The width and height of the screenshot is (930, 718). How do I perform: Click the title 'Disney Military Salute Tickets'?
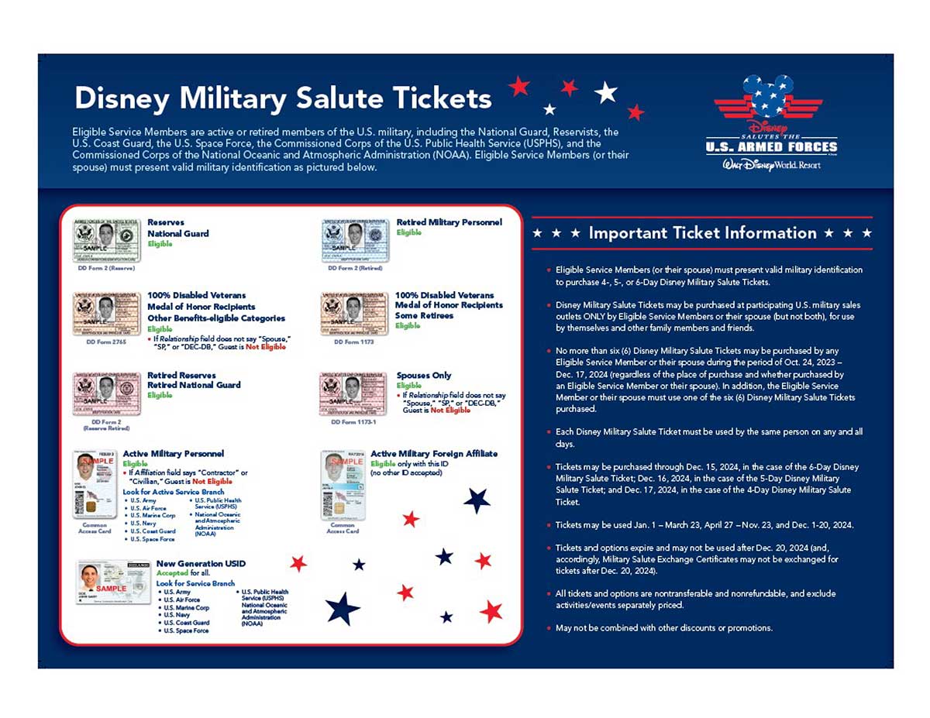point(282,98)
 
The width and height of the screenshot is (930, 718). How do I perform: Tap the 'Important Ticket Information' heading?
point(702,233)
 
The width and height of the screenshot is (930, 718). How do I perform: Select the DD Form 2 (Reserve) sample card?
point(106,241)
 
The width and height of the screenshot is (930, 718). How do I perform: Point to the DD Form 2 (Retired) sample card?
point(356,241)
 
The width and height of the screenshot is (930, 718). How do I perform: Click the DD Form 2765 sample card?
point(106,313)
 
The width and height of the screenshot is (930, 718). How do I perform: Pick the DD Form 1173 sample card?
point(354,313)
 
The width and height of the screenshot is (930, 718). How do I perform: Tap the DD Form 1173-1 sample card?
point(353,394)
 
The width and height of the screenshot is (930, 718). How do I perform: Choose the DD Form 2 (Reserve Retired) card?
point(106,394)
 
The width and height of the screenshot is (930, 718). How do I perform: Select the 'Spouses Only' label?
point(424,376)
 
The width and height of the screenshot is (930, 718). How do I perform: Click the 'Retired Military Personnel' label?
point(449,222)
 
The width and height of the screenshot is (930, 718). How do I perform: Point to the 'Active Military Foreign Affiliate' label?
point(434,454)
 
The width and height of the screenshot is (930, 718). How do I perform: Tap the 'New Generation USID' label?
point(200,563)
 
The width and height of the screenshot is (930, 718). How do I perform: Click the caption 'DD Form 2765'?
point(105,341)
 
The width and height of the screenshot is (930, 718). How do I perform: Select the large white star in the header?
point(605,93)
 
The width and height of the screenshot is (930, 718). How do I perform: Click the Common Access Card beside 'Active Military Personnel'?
point(95,485)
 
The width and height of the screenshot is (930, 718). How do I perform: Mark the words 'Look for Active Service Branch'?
point(173,492)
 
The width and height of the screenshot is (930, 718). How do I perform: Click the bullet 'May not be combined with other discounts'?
point(663,628)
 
